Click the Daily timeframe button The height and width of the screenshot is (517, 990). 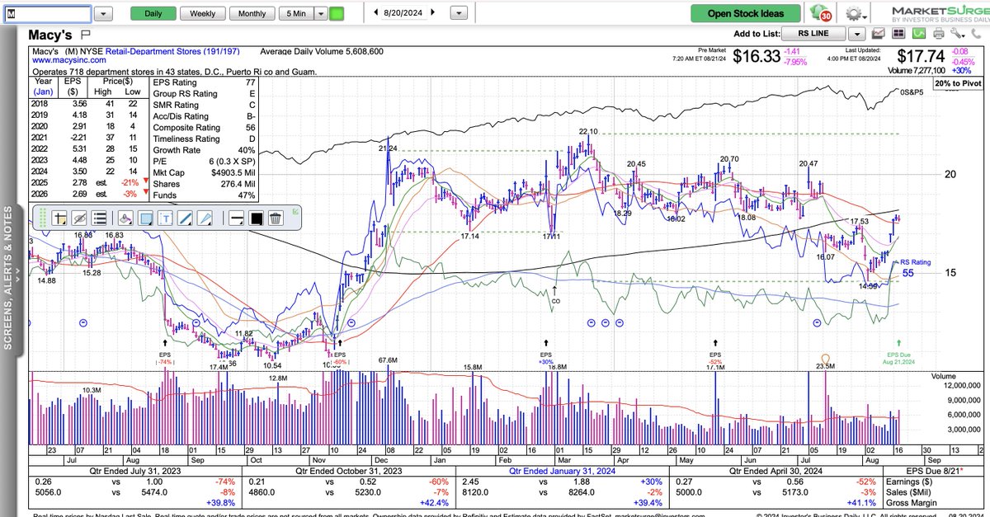153,14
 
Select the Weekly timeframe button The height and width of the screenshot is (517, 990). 202,14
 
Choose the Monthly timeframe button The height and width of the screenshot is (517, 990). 252,14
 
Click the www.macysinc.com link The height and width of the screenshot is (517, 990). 68,60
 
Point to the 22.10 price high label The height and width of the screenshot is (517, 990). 587,132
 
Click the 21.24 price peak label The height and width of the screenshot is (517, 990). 389,148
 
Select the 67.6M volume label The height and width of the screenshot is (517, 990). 388,360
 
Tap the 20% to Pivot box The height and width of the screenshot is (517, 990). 956,84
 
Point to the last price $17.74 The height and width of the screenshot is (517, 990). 922,55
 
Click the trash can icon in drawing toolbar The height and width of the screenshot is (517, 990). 276,219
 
